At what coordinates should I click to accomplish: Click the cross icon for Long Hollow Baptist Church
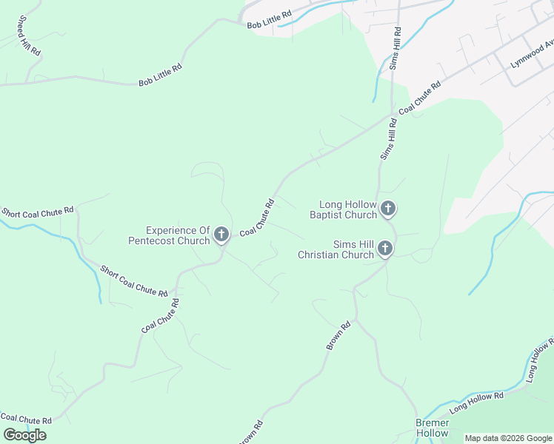[387, 210]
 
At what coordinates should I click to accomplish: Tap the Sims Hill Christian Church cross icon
[385, 249]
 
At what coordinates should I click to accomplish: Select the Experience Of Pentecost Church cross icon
[221, 235]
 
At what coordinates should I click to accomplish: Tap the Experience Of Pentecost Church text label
[169, 235]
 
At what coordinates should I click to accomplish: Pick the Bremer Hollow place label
[432, 428]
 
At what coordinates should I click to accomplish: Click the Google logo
[24, 435]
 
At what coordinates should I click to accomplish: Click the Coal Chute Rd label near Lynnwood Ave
[420, 97]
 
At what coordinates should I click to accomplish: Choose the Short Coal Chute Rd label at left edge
[38, 212]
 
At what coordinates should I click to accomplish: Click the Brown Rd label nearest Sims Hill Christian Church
[338, 335]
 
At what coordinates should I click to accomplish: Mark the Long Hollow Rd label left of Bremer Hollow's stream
[476, 402]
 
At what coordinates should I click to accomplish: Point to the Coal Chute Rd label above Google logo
[26, 420]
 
